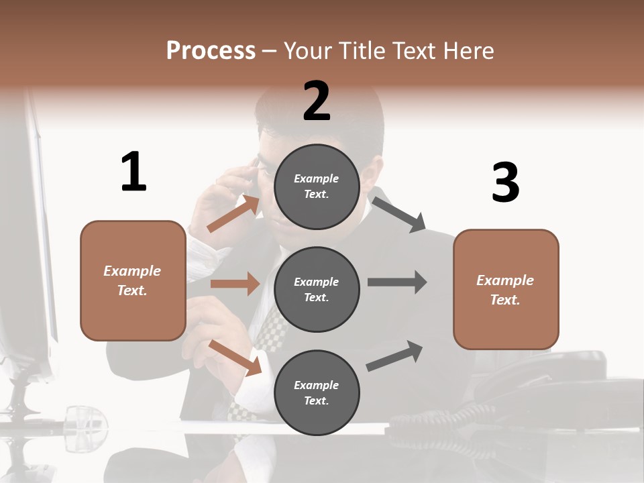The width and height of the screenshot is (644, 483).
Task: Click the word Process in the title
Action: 211,50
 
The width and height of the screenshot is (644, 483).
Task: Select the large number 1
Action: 133,172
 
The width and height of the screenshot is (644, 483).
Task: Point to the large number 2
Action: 317,101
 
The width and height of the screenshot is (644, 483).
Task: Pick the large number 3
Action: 505,183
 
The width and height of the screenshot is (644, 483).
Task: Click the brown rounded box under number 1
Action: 133,280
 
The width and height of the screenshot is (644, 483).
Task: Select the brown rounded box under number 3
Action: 506,290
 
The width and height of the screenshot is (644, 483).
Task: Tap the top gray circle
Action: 317,186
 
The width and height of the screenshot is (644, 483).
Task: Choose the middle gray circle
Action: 317,290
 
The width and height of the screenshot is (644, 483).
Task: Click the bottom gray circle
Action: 317,393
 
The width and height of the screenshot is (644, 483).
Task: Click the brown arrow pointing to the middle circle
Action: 235,284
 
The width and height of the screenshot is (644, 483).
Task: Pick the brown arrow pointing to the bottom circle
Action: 235,357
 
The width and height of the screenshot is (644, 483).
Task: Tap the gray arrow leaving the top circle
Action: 398,214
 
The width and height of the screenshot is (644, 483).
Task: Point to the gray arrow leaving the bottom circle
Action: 394,356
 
